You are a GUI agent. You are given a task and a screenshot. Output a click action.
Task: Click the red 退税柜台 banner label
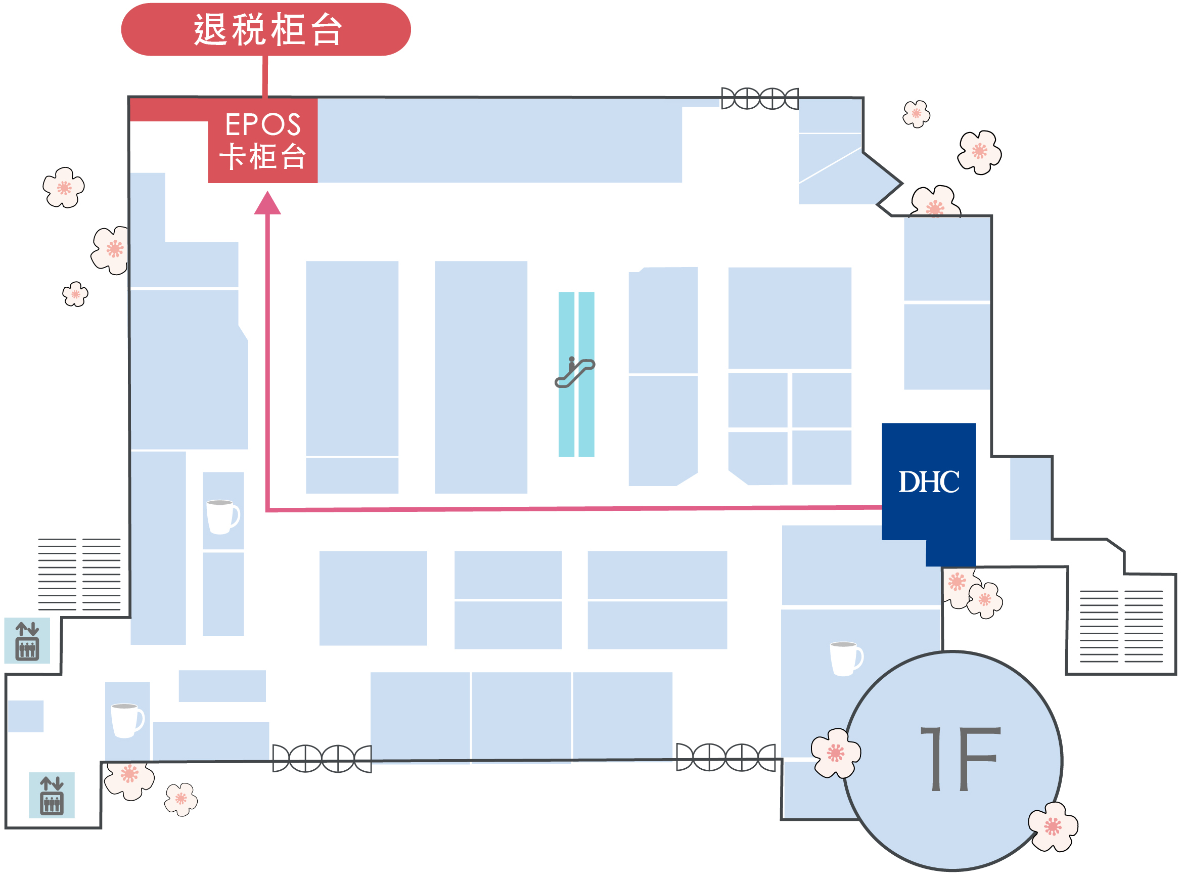point(266,29)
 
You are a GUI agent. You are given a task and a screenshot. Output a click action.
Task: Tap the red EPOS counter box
point(262,141)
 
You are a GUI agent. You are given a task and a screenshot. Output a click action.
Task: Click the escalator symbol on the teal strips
point(574,372)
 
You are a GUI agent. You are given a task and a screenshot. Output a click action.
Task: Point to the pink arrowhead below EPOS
point(267,203)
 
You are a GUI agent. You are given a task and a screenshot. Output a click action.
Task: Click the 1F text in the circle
point(960,759)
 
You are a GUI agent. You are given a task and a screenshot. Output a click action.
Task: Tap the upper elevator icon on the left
point(27,641)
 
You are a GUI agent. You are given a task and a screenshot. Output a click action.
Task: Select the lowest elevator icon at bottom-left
point(52,795)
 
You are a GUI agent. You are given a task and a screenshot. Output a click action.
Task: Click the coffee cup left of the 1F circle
point(846,659)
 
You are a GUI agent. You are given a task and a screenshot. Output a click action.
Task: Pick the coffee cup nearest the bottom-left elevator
point(127,720)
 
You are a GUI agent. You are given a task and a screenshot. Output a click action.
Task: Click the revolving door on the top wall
point(760,98)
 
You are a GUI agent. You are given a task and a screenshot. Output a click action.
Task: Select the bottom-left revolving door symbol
point(322,759)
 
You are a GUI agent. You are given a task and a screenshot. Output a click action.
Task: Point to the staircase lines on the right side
point(1121,627)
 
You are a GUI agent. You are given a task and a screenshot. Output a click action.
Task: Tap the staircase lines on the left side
point(79,575)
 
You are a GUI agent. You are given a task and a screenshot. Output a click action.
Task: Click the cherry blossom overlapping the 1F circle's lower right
point(1053,826)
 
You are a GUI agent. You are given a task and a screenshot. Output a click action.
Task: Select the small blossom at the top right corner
point(916,114)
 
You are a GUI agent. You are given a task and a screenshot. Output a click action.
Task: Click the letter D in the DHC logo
point(909,482)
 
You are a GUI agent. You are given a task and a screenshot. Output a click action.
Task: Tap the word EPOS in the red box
point(263,125)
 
